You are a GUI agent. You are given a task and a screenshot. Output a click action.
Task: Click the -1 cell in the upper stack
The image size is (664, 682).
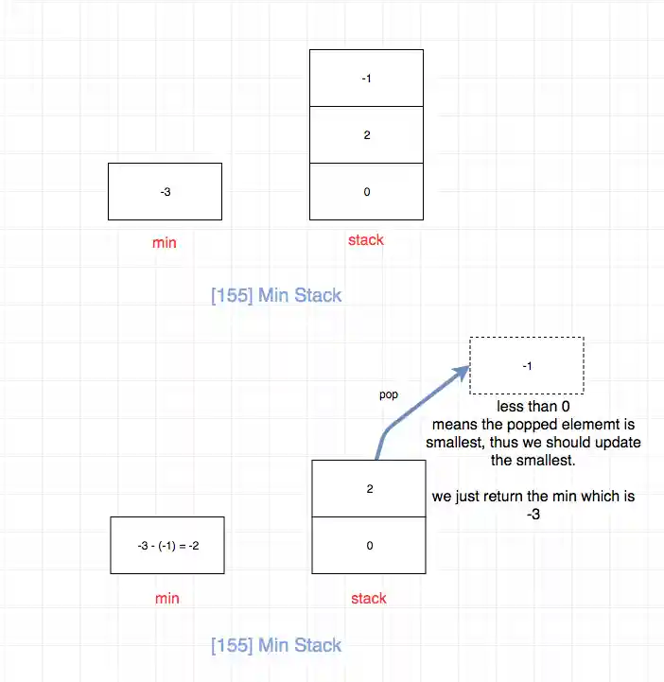(366, 78)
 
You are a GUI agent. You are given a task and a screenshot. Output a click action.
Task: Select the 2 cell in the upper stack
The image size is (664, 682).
(366, 134)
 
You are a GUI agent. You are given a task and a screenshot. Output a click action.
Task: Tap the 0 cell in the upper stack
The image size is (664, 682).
(366, 192)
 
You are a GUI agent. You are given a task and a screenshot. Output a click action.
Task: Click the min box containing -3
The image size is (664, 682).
(165, 192)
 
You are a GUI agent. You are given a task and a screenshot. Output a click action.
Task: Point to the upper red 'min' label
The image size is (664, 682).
(164, 243)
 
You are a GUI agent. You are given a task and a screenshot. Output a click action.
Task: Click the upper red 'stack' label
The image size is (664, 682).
(365, 240)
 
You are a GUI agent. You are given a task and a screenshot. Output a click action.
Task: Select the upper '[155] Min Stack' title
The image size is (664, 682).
(276, 295)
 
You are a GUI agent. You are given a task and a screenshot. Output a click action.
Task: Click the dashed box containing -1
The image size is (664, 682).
(526, 365)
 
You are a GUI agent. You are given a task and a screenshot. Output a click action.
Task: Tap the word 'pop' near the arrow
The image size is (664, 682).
(388, 394)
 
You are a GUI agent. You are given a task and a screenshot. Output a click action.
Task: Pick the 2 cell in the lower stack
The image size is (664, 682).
(369, 489)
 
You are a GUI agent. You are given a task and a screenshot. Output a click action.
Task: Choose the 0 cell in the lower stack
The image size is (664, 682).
(369, 546)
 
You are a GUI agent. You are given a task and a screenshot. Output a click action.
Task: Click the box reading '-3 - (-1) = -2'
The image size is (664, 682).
(167, 546)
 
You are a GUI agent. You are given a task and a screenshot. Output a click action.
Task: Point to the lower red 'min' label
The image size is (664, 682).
(166, 598)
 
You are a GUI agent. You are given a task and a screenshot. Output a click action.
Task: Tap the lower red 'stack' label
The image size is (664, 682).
(368, 598)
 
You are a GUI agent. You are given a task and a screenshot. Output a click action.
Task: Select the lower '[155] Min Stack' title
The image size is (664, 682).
(276, 646)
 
